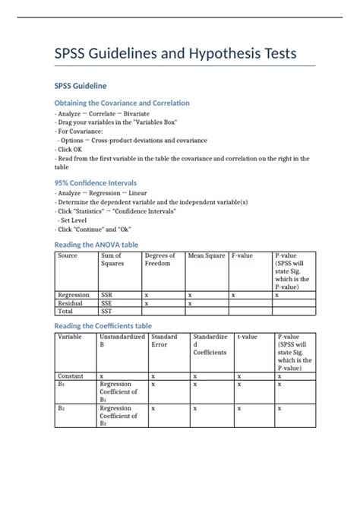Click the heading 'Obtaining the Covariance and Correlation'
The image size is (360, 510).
click(122, 103)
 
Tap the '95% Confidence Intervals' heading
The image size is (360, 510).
click(95, 183)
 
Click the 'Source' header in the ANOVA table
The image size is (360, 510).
click(68, 256)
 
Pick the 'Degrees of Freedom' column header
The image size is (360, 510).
click(159, 260)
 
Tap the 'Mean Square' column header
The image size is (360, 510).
click(207, 256)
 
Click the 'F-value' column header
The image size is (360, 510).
click(244, 256)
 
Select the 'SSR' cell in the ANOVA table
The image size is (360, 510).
click(107, 294)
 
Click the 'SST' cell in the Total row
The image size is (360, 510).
click(107, 311)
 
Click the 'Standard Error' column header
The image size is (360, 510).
click(164, 341)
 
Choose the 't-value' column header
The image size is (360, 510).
click(246, 337)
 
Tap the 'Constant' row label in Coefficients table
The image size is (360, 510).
click(71, 375)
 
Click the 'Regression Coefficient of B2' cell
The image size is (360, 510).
click(118, 416)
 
